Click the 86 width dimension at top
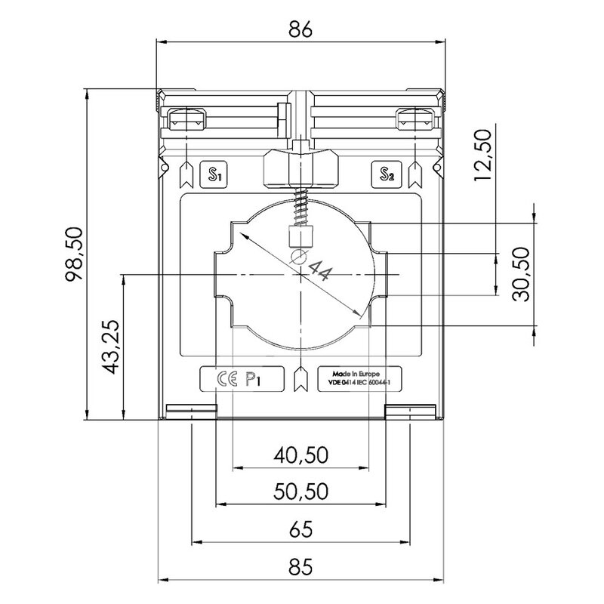click(300, 29)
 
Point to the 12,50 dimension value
click(484, 154)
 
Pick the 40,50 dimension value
click(300, 455)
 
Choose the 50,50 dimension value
click(300, 492)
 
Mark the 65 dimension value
click(300, 528)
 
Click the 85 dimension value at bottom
click(300, 565)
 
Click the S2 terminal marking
click(387, 176)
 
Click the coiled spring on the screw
click(300, 207)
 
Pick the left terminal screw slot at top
click(185, 119)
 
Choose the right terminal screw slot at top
click(416, 119)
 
